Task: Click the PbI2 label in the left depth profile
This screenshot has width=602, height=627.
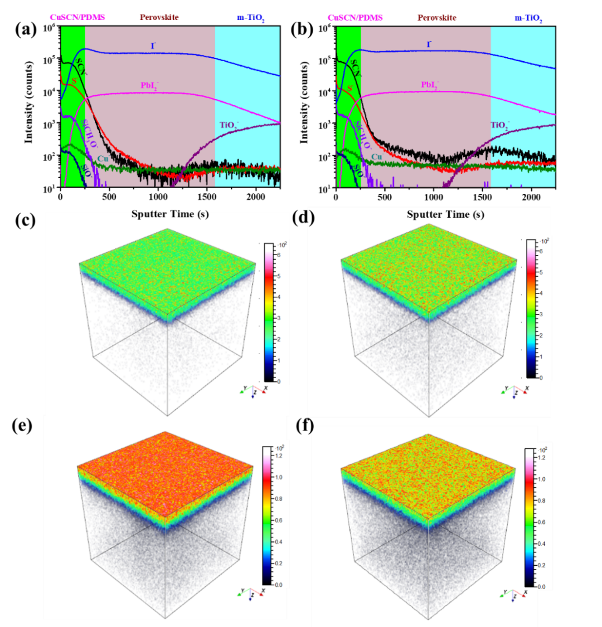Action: (x=149, y=86)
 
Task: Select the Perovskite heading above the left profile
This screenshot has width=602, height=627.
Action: (x=159, y=18)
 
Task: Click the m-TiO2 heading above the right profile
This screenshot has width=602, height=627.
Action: (x=528, y=18)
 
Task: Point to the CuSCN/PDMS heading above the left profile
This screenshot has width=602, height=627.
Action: (x=77, y=17)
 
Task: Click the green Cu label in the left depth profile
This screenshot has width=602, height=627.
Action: (x=102, y=158)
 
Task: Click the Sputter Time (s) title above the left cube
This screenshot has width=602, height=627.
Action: (x=170, y=214)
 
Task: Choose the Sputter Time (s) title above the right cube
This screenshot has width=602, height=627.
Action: (x=445, y=215)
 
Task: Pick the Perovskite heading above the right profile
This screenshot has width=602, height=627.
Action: (x=437, y=18)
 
